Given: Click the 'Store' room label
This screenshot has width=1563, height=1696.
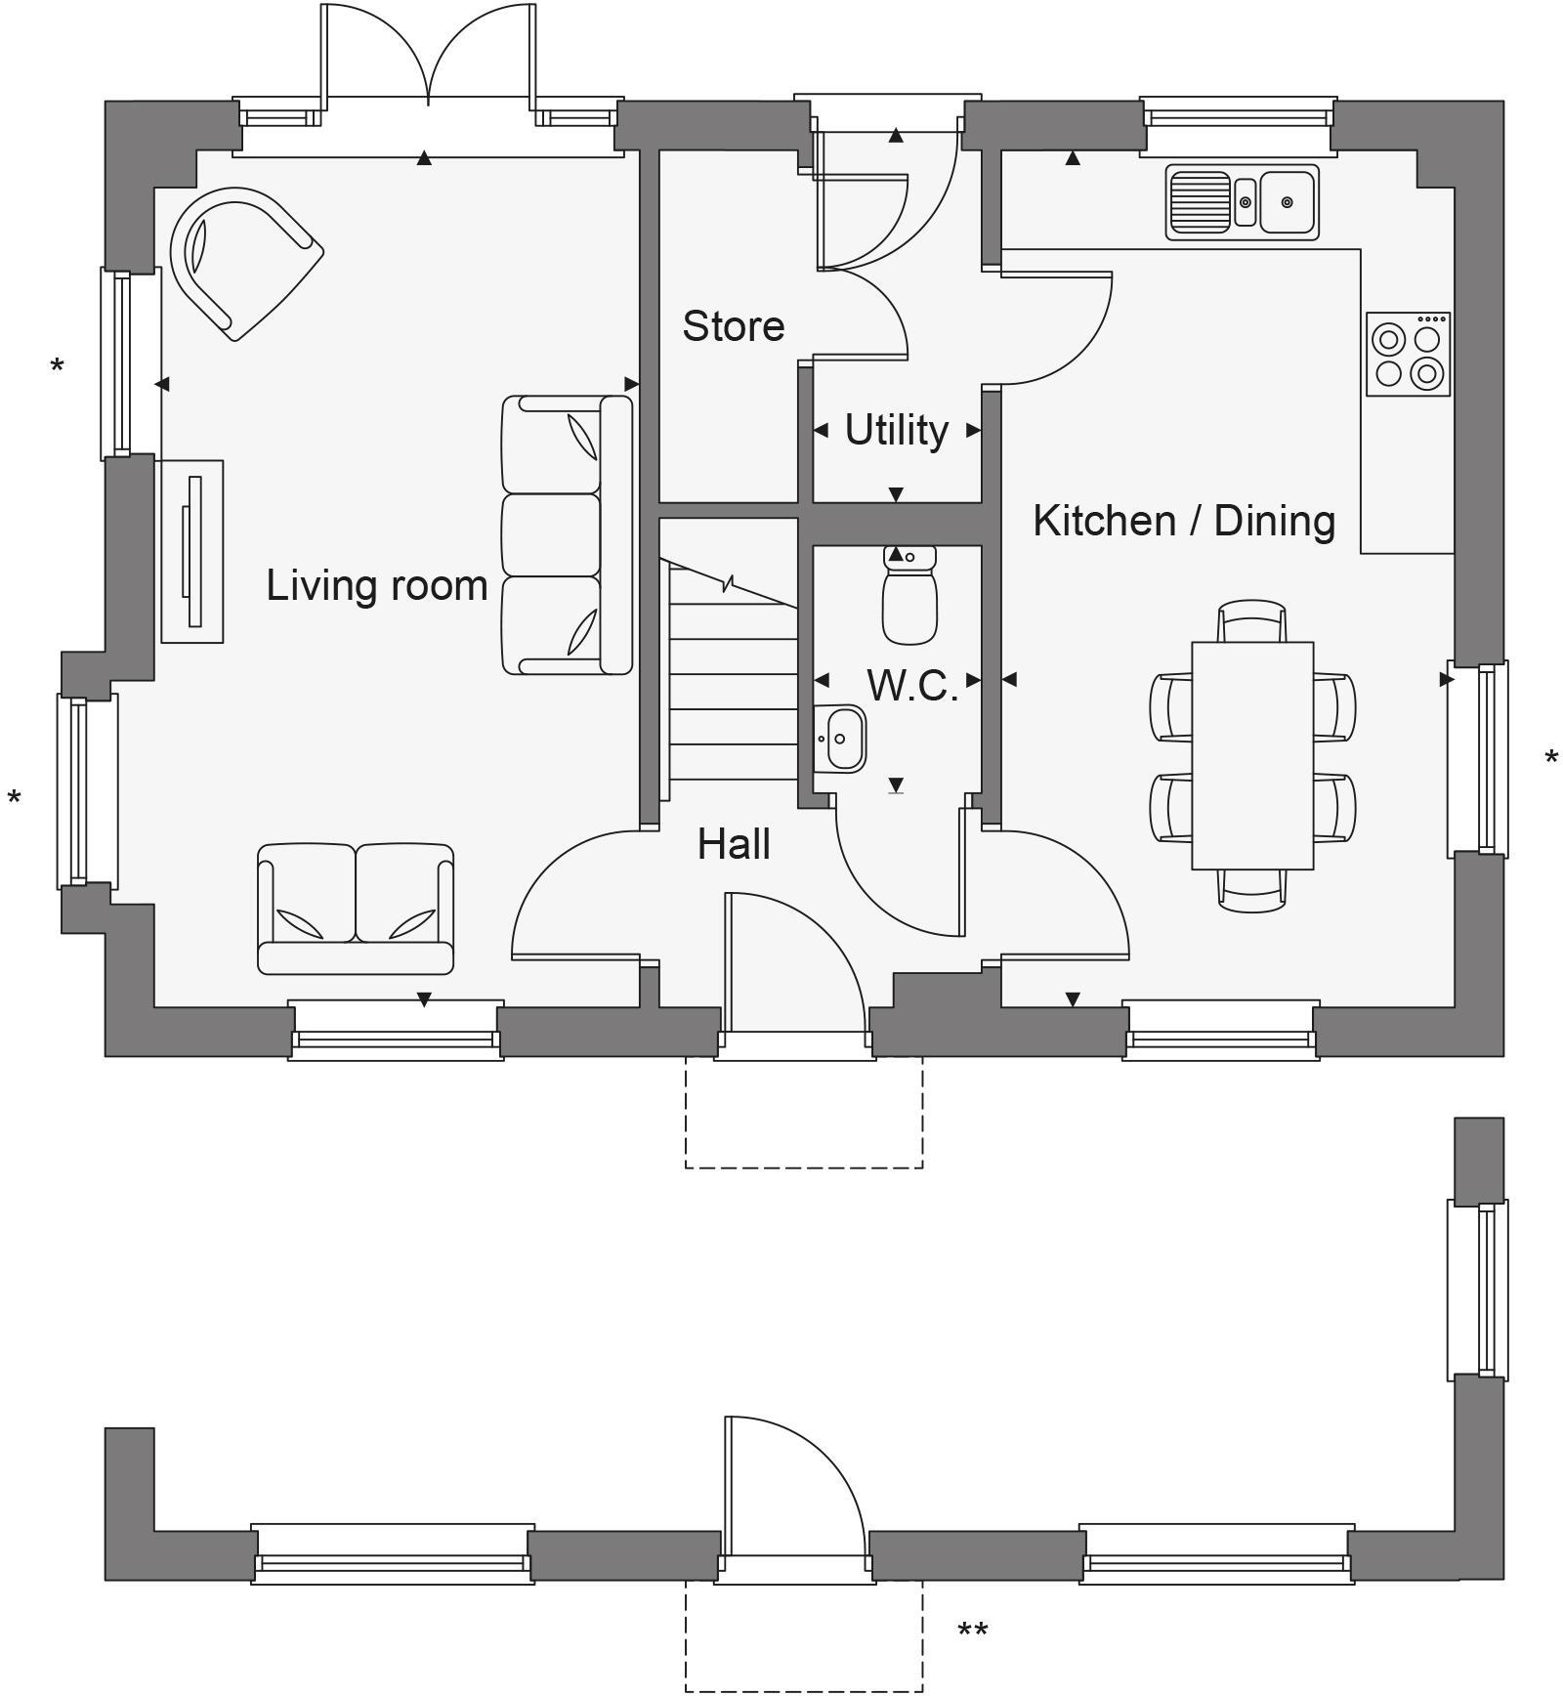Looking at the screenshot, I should click(733, 326).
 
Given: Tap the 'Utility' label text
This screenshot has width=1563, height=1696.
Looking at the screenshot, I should click(896, 430).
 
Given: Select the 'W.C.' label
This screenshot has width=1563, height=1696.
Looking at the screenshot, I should click(911, 686).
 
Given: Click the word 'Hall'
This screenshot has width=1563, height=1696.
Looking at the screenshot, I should click(734, 845).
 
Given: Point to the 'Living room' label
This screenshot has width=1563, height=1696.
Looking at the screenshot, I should click(377, 585).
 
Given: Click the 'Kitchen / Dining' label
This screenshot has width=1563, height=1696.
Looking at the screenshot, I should click(1184, 521).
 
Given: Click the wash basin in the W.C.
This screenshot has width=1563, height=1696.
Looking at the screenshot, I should click(842, 739).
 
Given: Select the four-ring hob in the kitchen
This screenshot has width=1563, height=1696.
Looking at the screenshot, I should click(1408, 355).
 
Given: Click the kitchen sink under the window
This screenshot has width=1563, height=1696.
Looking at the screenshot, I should click(1242, 202).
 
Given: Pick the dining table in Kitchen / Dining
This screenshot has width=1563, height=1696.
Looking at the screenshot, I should click(1252, 755).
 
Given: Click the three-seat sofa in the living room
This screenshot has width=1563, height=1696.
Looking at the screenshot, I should click(567, 535).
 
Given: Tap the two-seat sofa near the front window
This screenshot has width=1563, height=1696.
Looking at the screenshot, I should click(356, 909).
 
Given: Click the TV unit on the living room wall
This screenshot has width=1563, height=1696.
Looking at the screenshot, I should click(192, 551).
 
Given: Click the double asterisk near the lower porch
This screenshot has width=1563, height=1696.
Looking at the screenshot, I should click(972, 1631).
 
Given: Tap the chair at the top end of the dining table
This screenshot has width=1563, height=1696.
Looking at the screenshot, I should click(1252, 621).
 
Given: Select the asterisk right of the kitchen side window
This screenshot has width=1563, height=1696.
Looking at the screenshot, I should click(1551, 758).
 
